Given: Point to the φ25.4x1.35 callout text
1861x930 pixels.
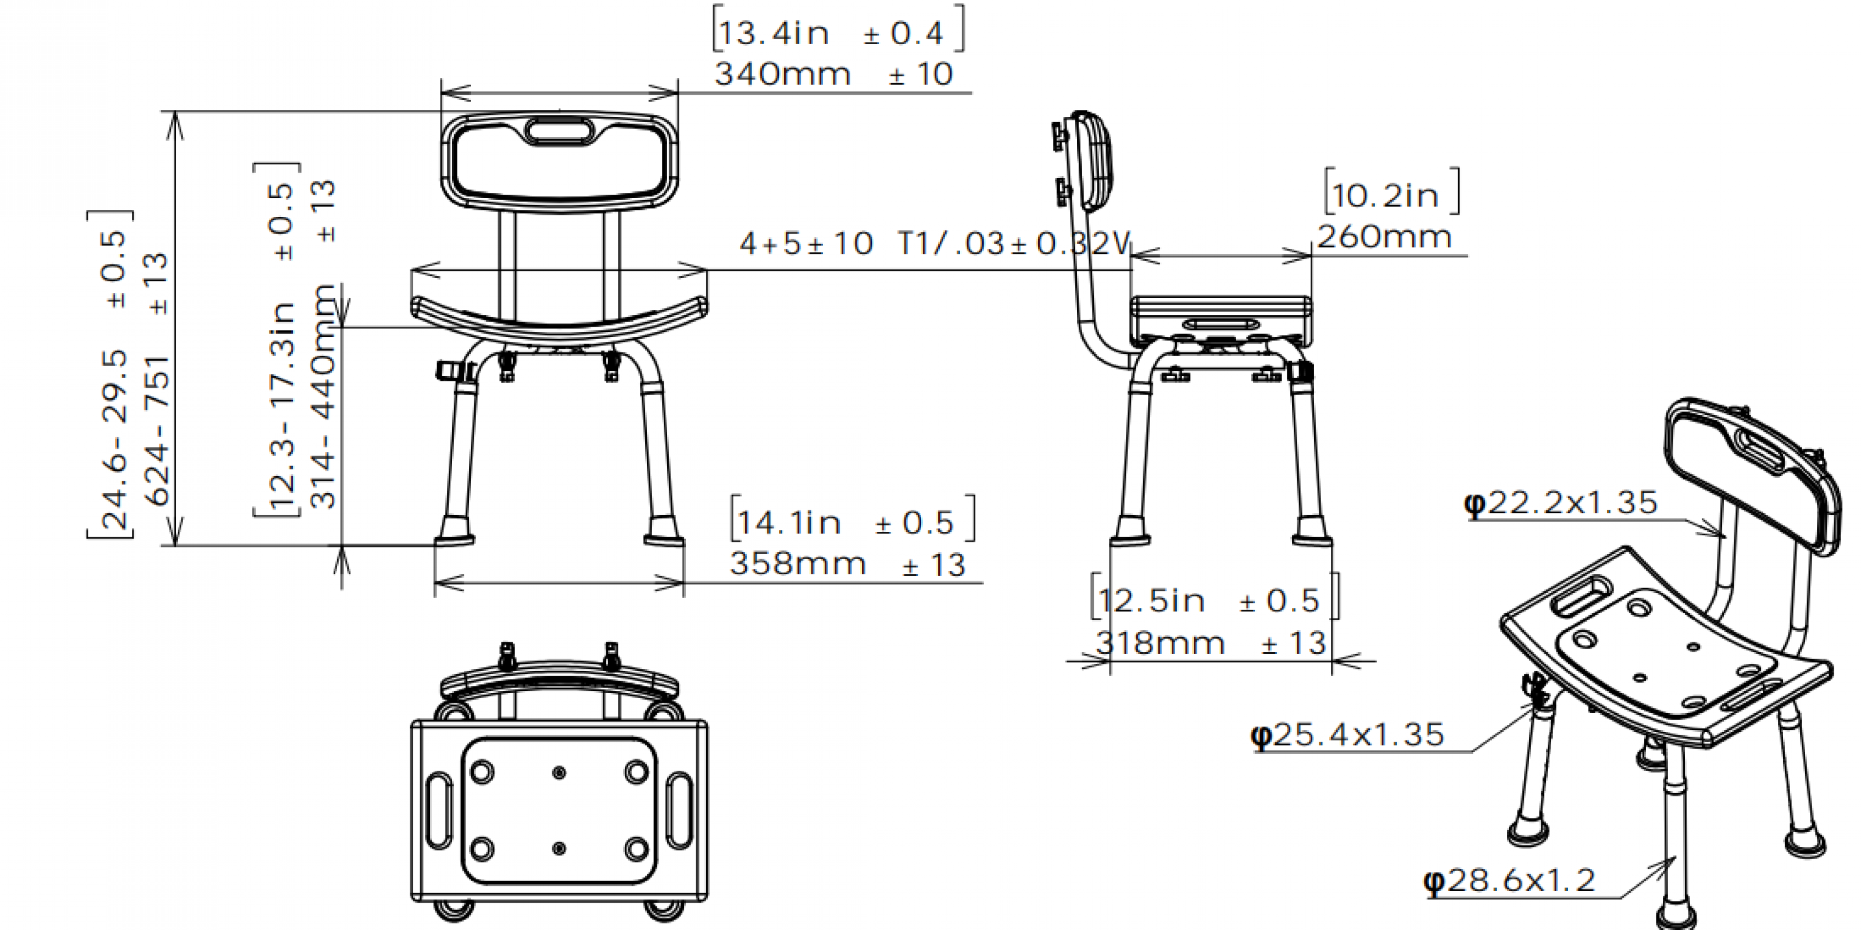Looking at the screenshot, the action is click(x=1347, y=735).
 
